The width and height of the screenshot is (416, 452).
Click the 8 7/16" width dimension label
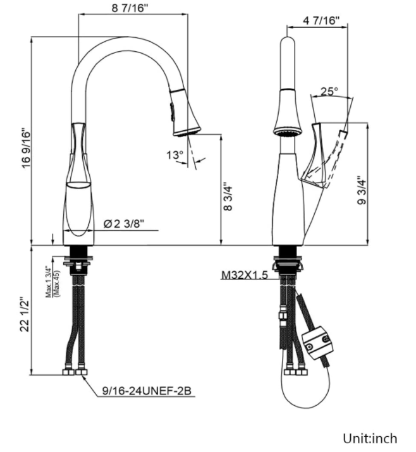point(133,8)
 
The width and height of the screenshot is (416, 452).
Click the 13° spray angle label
point(174,154)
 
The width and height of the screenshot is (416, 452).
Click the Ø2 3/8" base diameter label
point(125,223)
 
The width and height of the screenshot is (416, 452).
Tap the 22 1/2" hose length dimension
point(26,317)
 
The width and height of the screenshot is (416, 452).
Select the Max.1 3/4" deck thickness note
point(51,282)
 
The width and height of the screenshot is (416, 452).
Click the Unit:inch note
point(370,437)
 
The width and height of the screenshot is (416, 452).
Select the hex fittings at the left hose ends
point(75,372)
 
